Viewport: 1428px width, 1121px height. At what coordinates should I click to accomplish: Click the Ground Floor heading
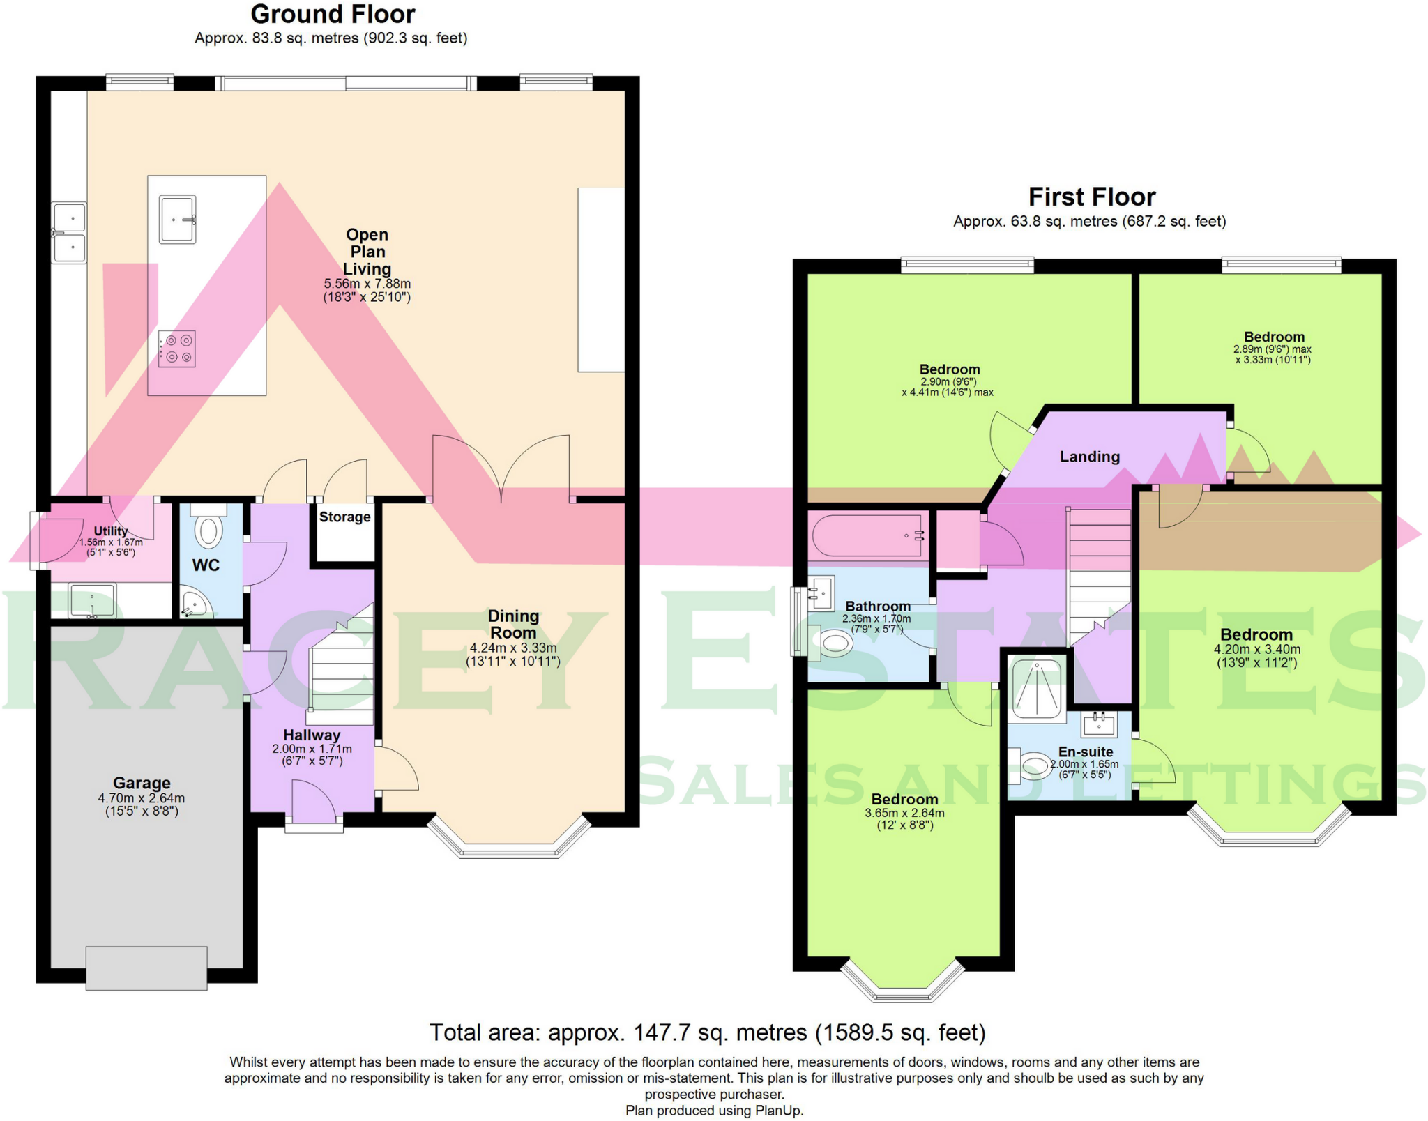333,15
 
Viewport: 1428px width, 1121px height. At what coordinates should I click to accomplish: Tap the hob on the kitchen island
176,349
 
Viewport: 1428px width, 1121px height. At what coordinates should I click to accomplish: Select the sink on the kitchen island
177,219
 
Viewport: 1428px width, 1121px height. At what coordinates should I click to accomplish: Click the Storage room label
344,517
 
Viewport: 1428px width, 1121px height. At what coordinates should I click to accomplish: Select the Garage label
142,783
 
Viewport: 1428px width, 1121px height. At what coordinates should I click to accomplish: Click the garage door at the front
146,968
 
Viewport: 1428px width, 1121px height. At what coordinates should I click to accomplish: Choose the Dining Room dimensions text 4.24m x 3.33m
513,648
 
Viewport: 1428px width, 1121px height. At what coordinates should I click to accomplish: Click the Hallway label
312,735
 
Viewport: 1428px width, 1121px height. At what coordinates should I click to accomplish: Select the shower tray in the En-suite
1038,689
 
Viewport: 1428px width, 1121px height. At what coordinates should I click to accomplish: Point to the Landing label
1090,457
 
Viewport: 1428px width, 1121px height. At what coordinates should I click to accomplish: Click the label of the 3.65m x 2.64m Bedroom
904,800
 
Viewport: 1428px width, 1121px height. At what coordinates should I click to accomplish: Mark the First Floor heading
1092,197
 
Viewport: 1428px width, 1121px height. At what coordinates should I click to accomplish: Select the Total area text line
707,1032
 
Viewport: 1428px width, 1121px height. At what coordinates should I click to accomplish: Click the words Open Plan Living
367,252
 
